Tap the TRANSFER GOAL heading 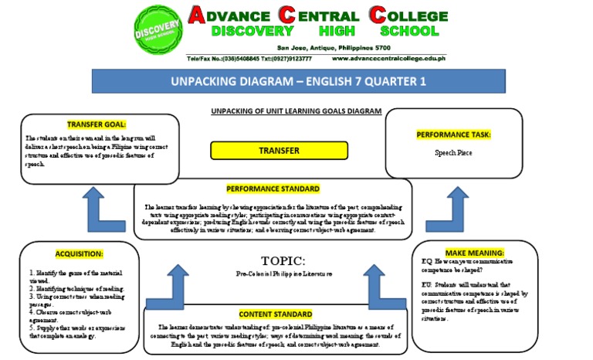click(x=96, y=124)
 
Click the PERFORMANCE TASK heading click(x=452, y=134)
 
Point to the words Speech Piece click(x=452, y=153)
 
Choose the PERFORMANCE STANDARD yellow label click(x=273, y=188)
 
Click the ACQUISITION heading click(x=79, y=253)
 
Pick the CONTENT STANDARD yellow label click(x=276, y=314)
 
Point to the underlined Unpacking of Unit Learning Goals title click(x=296, y=111)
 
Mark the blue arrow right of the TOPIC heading click(x=379, y=284)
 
